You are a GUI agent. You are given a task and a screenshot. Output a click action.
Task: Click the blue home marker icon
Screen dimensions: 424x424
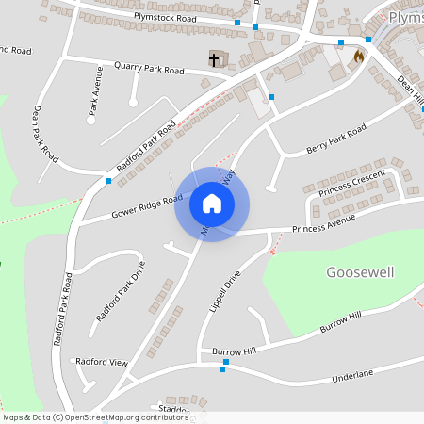[x=212, y=204]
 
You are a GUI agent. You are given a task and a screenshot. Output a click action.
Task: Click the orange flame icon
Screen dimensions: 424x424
[x=358, y=57]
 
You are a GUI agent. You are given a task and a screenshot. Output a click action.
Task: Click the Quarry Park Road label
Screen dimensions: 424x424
[x=147, y=68]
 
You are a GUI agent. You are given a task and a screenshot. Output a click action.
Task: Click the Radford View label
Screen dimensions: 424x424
[x=102, y=361]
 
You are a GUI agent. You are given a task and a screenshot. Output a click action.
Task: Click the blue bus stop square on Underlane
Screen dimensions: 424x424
[x=223, y=368]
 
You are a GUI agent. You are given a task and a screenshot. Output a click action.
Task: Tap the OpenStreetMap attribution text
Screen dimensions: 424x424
[x=82, y=416]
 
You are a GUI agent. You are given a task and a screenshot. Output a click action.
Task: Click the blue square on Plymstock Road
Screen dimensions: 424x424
[x=237, y=22]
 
